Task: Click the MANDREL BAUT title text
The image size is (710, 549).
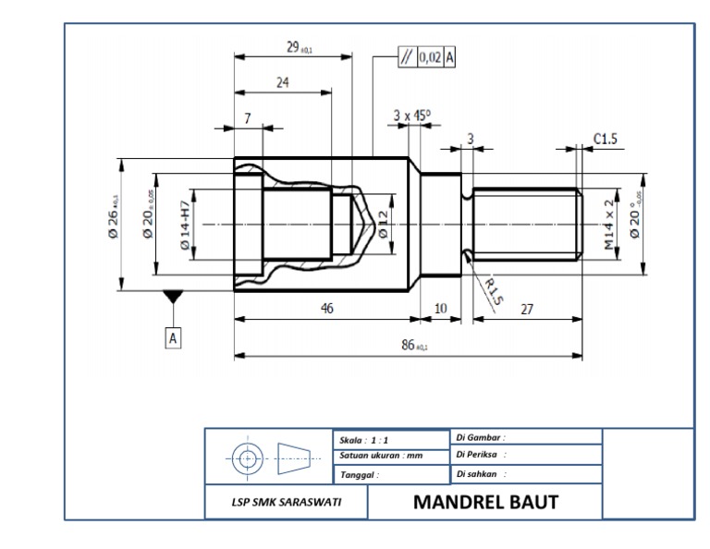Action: (485, 503)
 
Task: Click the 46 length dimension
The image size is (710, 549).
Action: (326, 309)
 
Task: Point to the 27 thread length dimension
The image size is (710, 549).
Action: (526, 309)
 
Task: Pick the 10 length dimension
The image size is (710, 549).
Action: (440, 309)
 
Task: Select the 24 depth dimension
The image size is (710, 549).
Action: (283, 82)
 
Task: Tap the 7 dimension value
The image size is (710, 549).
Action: (248, 118)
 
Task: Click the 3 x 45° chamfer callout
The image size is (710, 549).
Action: (411, 116)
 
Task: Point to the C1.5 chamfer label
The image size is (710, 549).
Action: (606, 139)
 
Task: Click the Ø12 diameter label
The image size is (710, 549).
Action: (383, 225)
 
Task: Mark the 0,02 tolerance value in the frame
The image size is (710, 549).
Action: (430, 57)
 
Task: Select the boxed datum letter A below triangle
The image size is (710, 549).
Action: (173, 338)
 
